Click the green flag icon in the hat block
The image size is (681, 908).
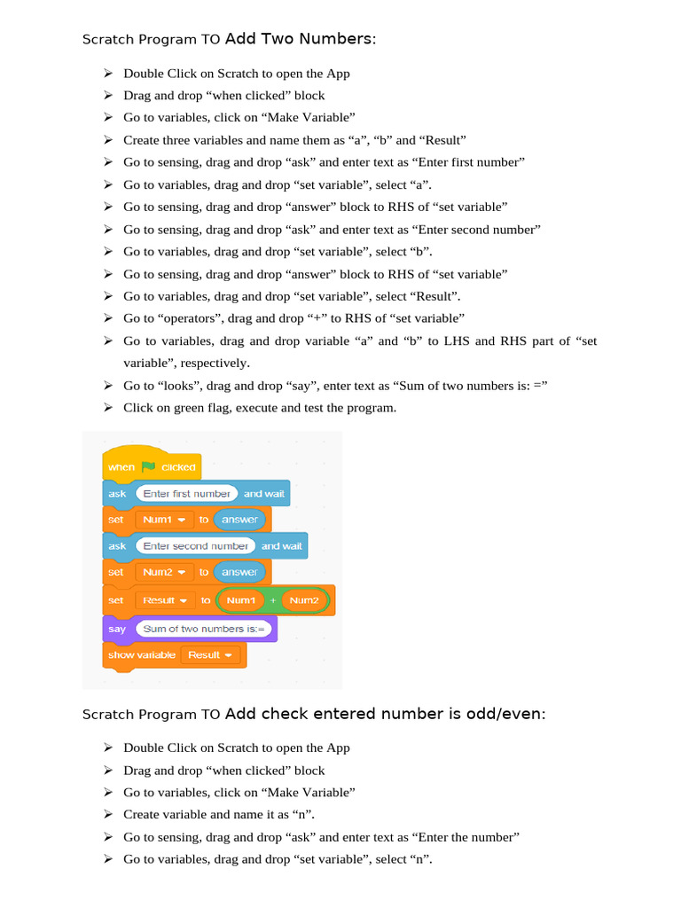click(x=148, y=466)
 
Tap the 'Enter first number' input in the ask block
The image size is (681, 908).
click(x=186, y=493)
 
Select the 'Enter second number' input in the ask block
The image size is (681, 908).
click(x=195, y=545)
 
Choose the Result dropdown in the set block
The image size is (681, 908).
click(x=165, y=600)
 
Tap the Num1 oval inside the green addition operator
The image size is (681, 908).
click(x=240, y=600)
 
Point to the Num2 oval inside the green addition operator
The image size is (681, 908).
click(x=303, y=600)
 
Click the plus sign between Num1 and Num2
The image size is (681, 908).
click(x=272, y=600)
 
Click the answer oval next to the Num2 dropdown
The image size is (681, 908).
click(x=239, y=572)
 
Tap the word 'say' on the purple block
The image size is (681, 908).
click(x=117, y=629)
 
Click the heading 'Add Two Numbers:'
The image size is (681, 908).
click(x=301, y=38)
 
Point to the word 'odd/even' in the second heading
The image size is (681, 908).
click(x=505, y=713)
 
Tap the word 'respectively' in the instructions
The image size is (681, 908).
click(x=213, y=363)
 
